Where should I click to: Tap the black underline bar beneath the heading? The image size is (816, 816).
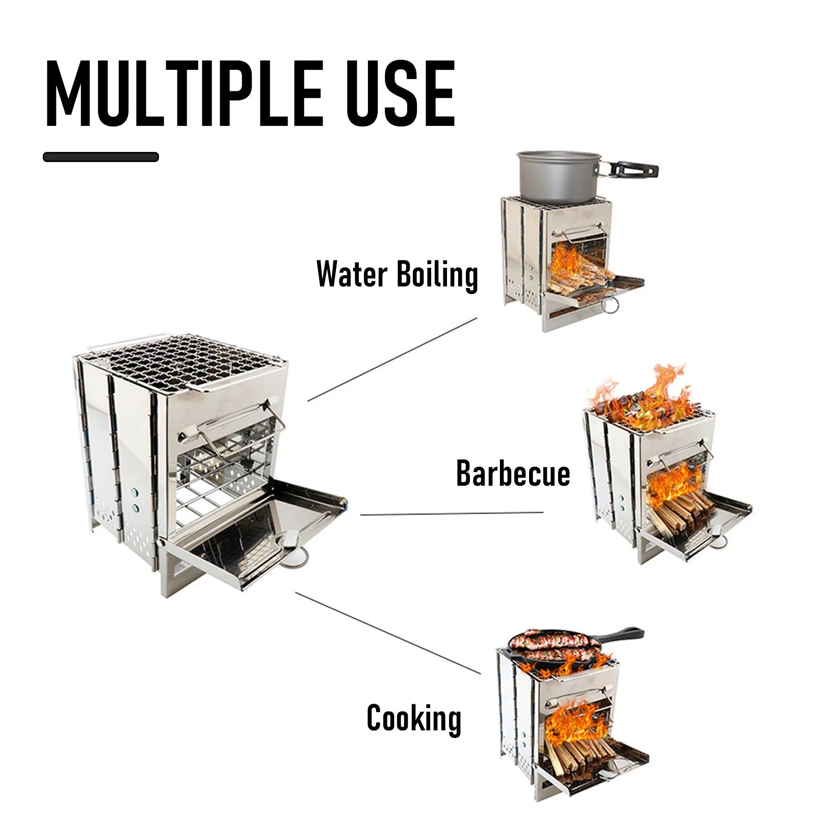click(100, 157)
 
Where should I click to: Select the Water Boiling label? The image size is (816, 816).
click(397, 275)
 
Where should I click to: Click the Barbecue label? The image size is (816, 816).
click(513, 473)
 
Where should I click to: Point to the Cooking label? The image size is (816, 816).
click(413, 718)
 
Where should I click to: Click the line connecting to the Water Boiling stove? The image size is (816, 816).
click(392, 359)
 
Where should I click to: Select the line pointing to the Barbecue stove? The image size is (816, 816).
click(452, 514)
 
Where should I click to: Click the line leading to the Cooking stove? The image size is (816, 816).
click(387, 632)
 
